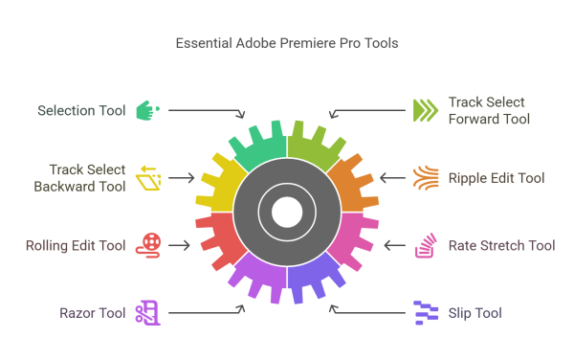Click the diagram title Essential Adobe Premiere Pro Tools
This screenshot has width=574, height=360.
pyautogui.click(x=286, y=43)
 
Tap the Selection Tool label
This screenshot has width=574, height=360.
pyautogui.click(x=81, y=110)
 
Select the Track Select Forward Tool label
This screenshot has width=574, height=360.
pyautogui.click(x=488, y=110)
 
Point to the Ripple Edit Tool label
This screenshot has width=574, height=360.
pyautogui.click(x=496, y=178)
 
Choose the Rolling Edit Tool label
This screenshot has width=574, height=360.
pyautogui.click(x=76, y=245)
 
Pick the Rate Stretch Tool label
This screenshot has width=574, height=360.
pyautogui.click(x=501, y=246)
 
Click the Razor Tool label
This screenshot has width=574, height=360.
pyautogui.click(x=93, y=312)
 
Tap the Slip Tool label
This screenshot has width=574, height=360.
pyautogui.click(x=475, y=312)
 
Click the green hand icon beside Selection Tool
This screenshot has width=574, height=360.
pyautogui.click(x=147, y=110)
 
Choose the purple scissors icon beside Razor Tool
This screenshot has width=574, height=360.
pyautogui.click(x=147, y=312)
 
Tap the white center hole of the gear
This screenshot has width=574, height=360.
pyautogui.click(x=287, y=212)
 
